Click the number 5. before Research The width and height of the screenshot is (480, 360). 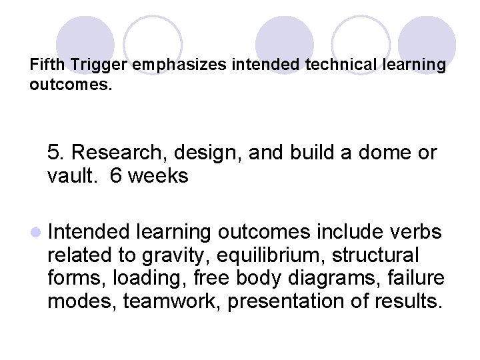point(56,153)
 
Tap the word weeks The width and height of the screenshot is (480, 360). point(159,176)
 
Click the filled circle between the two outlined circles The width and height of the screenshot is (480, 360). point(285,44)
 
